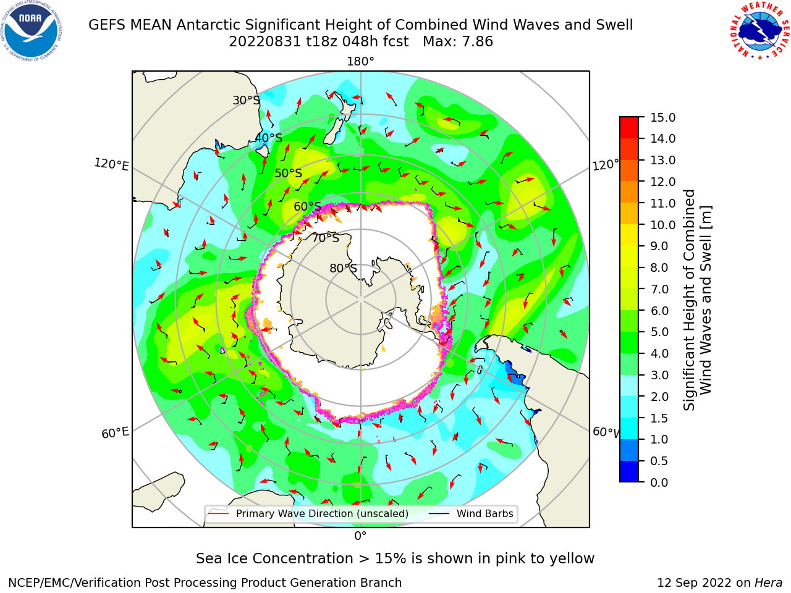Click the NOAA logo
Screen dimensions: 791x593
[32, 31]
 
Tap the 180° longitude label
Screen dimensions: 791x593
[360, 62]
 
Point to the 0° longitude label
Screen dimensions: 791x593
[360, 536]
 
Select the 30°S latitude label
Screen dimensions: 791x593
[246, 100]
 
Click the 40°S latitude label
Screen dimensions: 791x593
[269, 138]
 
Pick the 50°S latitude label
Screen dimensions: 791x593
[289, 173]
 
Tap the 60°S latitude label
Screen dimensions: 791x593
[307, 206]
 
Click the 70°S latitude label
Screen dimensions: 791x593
[326, 238]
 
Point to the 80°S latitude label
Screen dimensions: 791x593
[344, 268]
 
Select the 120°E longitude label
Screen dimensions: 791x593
[111, 164]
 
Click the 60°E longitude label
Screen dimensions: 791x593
[115, 433]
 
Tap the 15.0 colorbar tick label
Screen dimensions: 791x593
[662, 117]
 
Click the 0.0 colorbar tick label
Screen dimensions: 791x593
[659, 482]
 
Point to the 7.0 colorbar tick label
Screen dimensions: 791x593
[659, 289]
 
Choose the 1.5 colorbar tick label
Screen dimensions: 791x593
[659, 418]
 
